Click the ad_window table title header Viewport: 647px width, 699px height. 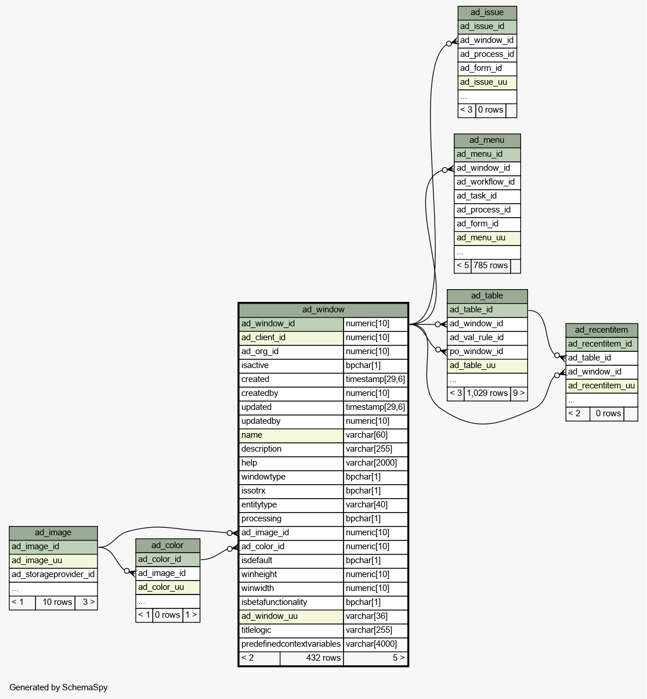tap(323, 309)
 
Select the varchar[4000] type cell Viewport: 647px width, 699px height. tap(375, 644)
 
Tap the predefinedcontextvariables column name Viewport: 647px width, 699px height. tap(291, 644)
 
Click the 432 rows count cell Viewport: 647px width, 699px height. tap(312, 658)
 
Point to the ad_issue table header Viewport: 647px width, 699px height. tap(487, 13)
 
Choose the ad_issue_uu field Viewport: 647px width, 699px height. tap(487, 82)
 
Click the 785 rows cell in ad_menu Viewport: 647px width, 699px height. tap(491, 266)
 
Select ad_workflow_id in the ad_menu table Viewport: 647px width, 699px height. tap(487, 182)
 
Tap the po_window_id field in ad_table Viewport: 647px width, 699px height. tap(487, 352)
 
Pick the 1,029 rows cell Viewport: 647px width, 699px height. tap(487, 394)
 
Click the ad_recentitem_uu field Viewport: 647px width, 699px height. tap(602, 386)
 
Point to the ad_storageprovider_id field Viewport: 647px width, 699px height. tap(53, 575)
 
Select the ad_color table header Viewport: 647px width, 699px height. tap(168, 546)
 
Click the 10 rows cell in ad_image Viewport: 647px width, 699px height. tap(55, 603)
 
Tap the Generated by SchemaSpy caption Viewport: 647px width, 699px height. tap(59, 687)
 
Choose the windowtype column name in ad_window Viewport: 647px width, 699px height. tap(291, 477)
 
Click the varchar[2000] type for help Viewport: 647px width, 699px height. tap(375, 463)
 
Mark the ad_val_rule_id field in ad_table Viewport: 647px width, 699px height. tap(487, 338)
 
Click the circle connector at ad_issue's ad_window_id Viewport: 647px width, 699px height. tap(449, 44)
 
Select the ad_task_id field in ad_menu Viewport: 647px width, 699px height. tap(487, 196)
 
